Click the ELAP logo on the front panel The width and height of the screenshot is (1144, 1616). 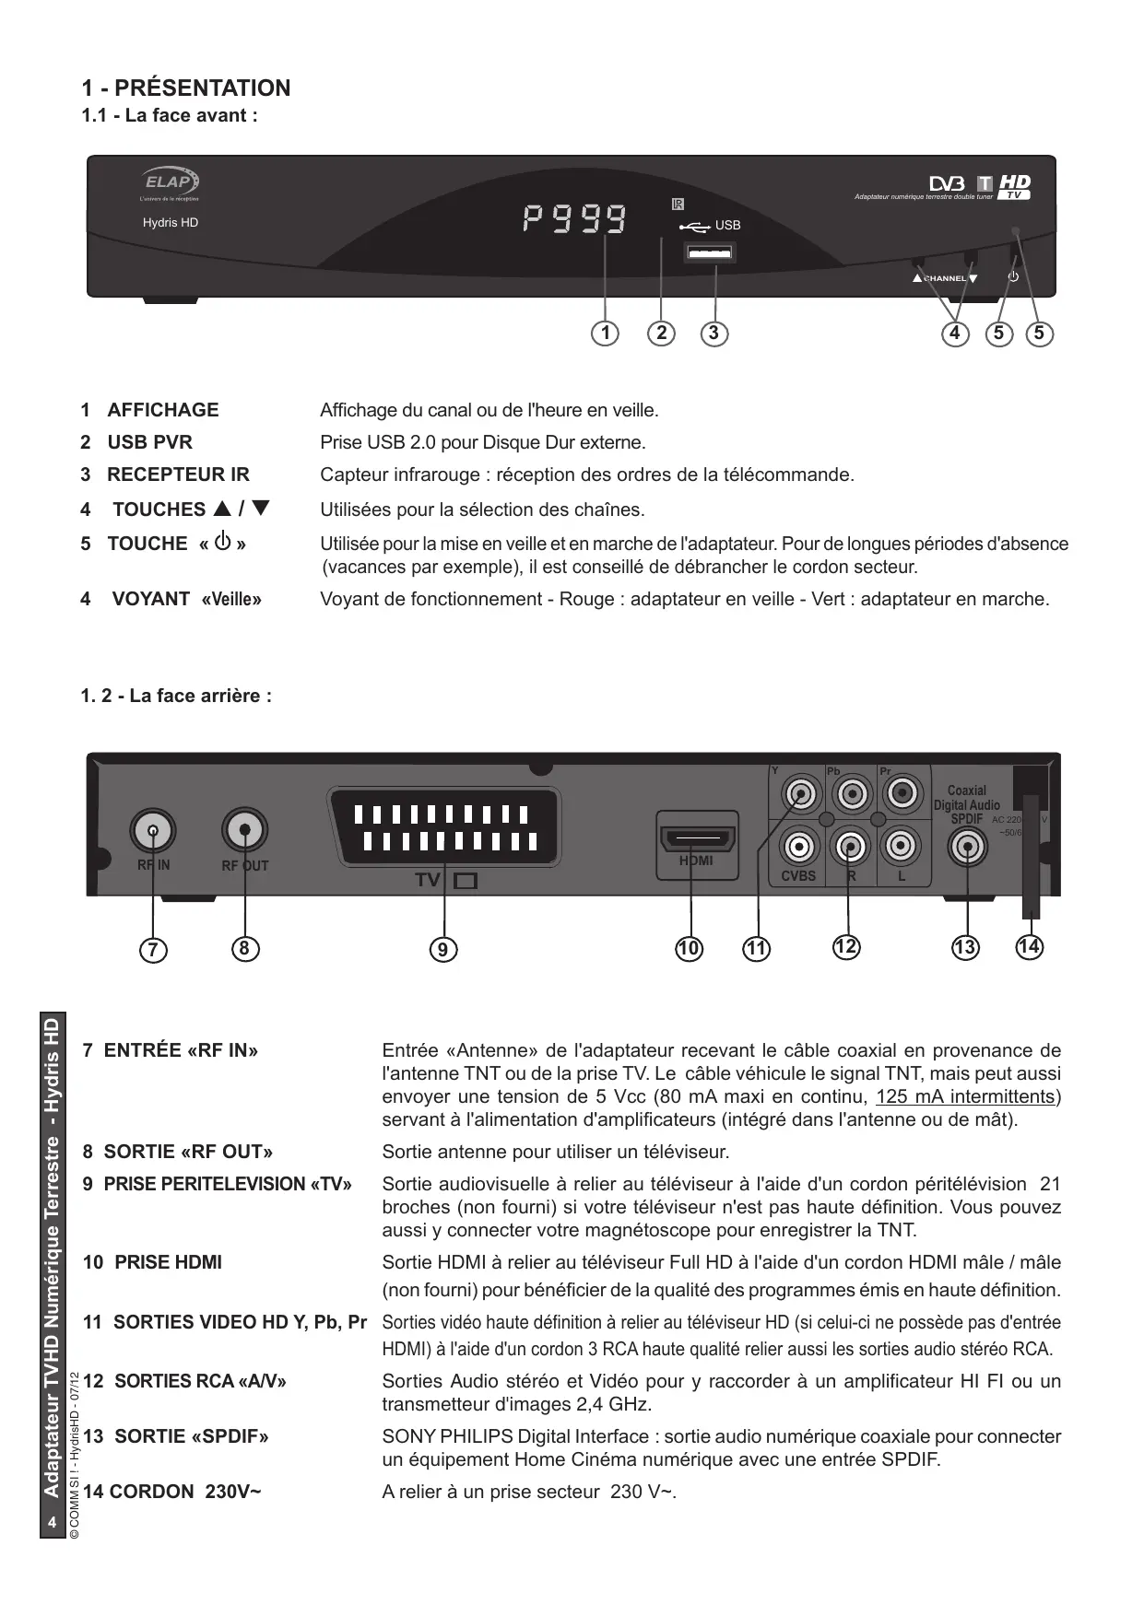[171, 182]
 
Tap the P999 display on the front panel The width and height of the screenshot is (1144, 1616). [574, 219]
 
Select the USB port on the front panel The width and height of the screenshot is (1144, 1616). [710, 252]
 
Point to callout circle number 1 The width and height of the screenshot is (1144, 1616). [605, 333]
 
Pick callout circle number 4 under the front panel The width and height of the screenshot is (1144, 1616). [955, 333]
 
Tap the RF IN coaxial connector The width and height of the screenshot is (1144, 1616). [153, 832]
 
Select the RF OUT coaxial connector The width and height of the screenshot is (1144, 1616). [245, 831]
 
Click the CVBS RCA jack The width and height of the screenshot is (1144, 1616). [799, 845]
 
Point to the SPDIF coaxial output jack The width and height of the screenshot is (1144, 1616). [967, 845]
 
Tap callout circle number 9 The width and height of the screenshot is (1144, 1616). [443, 949]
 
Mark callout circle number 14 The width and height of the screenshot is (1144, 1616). [1030, 946]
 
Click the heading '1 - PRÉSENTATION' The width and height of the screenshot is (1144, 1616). [186, 88]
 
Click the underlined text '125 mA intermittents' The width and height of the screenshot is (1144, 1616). [965, 1096]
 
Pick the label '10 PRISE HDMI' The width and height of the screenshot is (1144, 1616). [153, 1262]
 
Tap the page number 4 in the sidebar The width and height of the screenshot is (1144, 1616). [53, 1522]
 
